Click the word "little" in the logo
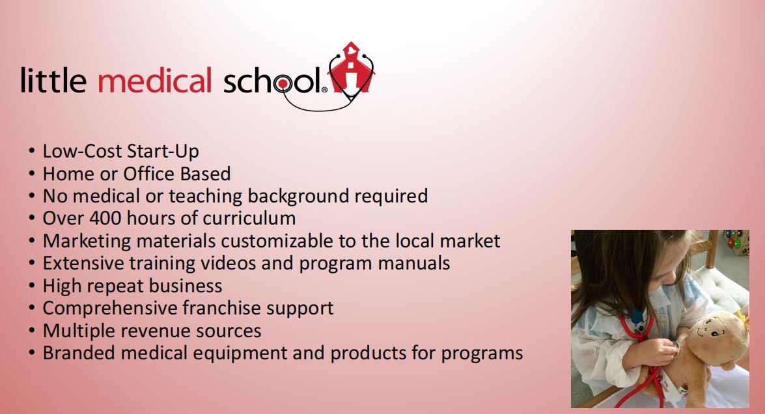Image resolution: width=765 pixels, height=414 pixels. (53, 81)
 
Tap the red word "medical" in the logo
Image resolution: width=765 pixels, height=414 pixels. (155, 81)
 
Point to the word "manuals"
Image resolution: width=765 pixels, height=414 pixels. (413, 264)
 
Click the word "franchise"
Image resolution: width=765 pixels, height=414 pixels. (221, 308)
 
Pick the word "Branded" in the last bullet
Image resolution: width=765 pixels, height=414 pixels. (79, 353)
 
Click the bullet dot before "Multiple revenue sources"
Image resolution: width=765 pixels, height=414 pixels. (32, 331)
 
